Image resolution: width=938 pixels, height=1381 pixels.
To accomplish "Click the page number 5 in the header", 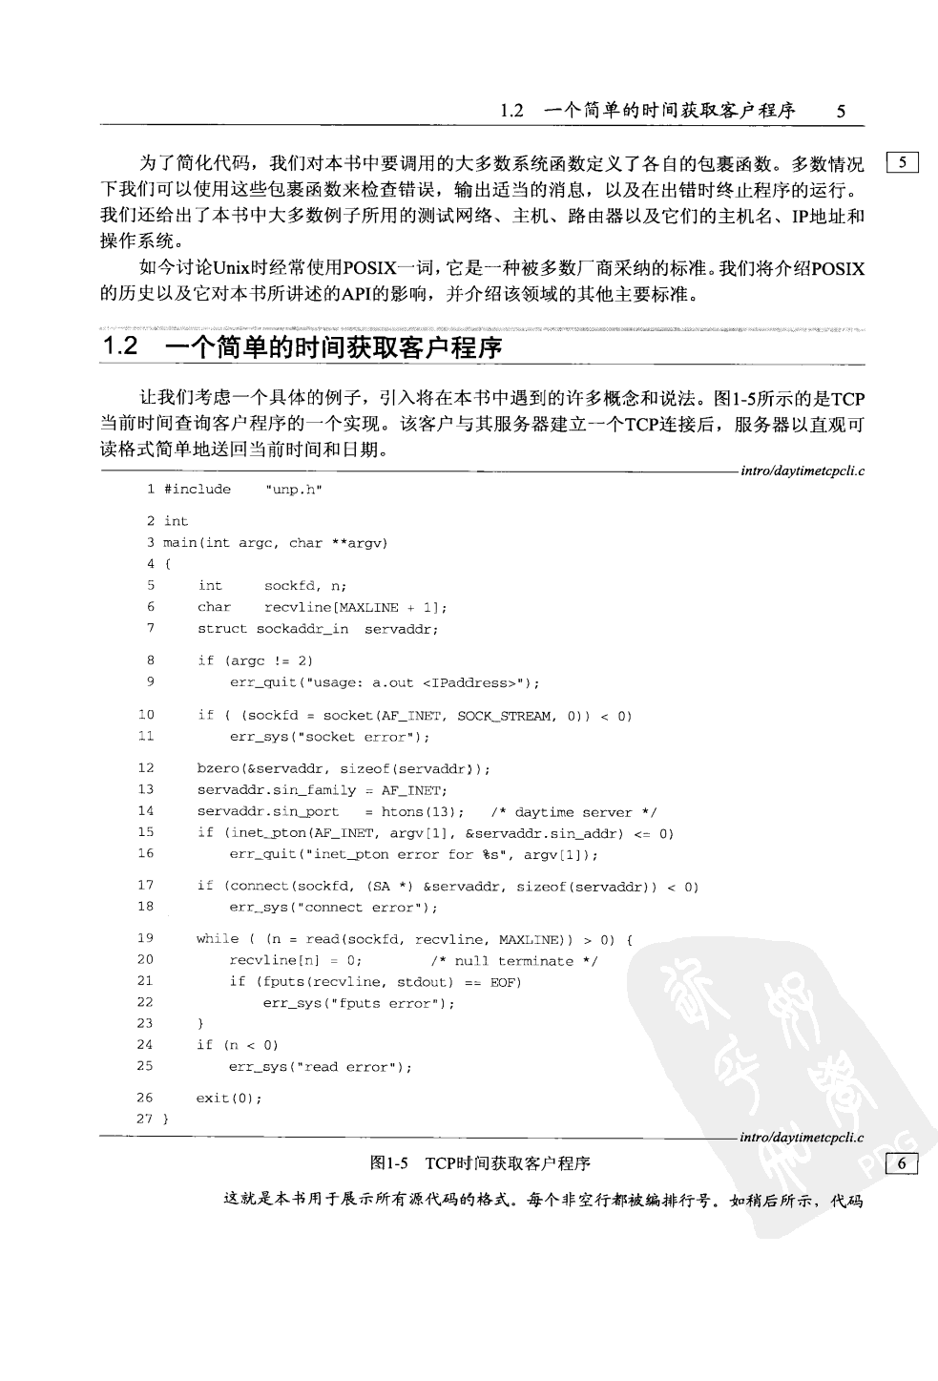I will pos(841,111).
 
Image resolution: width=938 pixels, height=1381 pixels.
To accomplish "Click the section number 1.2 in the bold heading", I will pos(121,347).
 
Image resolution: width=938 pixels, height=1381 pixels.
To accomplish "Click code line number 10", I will pos(146,715).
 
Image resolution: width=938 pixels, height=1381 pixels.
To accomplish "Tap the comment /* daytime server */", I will pos(573,812).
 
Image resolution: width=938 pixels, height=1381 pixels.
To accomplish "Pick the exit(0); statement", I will pos(229,1099).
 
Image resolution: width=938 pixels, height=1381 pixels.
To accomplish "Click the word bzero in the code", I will pos(218,768).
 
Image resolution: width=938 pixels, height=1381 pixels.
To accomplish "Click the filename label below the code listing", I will pos(802,1137).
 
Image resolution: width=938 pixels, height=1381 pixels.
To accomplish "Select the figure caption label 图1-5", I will pos(389,1163).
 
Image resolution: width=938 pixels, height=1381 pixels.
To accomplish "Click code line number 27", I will pos(145,1119).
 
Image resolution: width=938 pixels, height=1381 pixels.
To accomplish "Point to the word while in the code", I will pos(217,939).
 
